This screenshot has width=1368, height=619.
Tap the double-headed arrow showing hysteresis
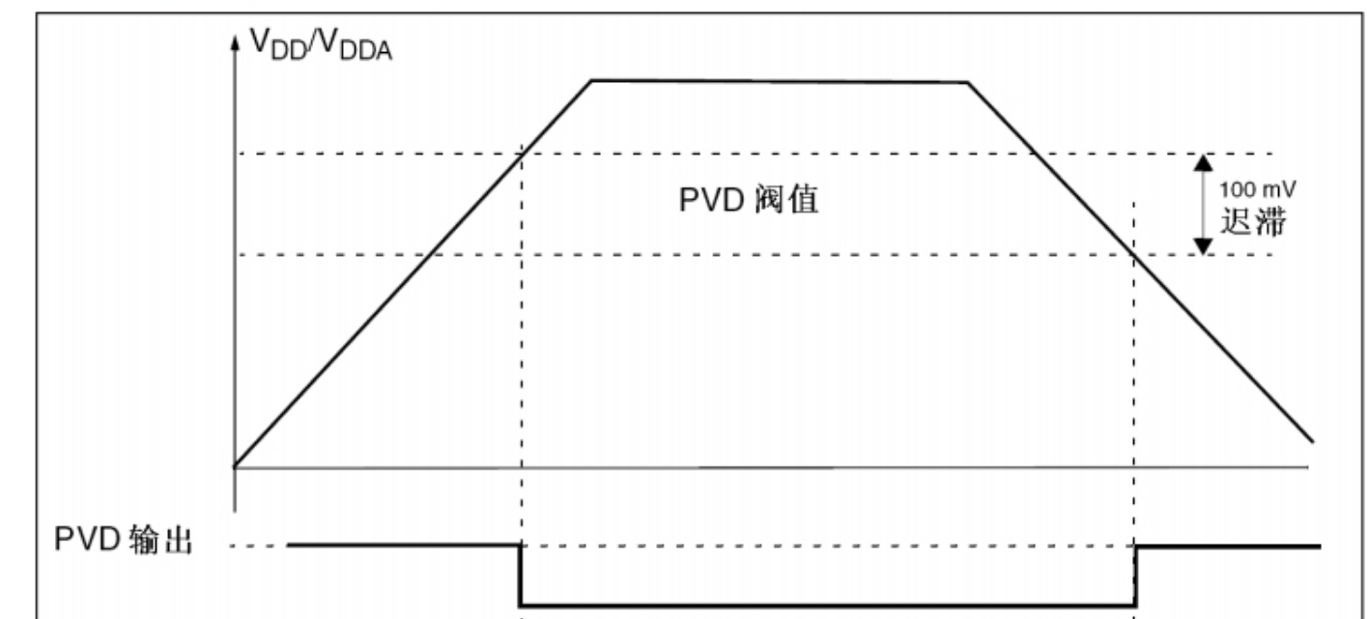coord(1201,204)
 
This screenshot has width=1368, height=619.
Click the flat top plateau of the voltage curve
coord(779,81)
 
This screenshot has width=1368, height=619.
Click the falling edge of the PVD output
coord(522,576)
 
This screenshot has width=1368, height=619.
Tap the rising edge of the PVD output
coord(1134,576)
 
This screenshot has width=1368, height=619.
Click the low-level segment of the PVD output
coord(827,605)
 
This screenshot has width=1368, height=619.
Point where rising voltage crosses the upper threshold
coord(522,154)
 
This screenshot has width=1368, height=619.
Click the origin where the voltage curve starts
coord(235,467)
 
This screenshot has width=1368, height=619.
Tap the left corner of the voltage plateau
coord(592,80)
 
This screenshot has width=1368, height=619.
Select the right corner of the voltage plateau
coord(967,82)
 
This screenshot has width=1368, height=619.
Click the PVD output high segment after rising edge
coord(1227,547)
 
